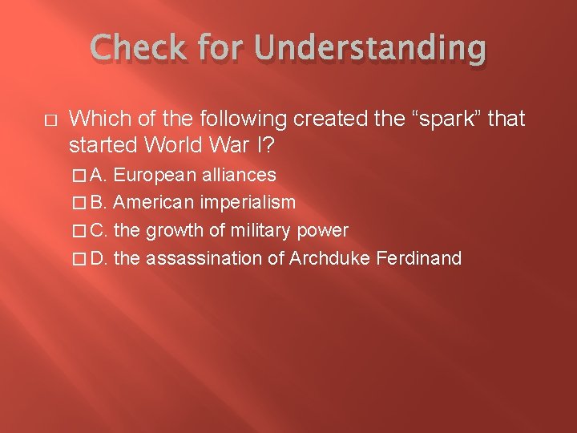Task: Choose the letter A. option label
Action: pos(100,175)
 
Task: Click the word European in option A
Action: pos(153,175)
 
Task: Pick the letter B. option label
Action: pos(100,203)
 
